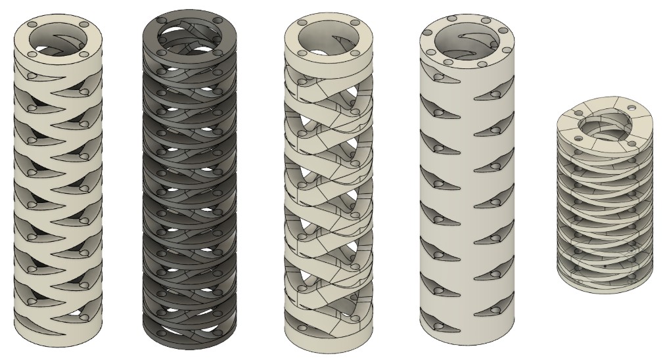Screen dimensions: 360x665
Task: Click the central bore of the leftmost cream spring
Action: (x=60, y=41)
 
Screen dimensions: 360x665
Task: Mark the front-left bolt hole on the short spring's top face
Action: (x=577, y=139)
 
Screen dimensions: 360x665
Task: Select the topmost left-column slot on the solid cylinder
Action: (x=436, y=96)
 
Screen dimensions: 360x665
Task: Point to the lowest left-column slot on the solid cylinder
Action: (x=436, y=322)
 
